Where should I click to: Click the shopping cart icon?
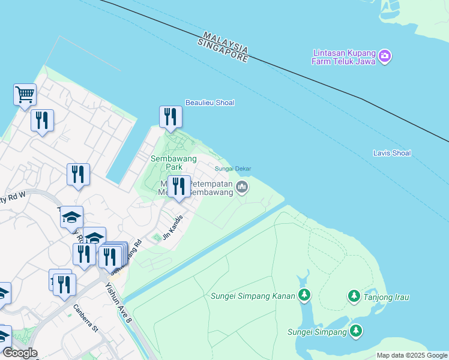[x=25, y=94]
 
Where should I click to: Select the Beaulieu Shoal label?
[x=209, y=103]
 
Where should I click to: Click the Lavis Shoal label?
[x=391, y=153]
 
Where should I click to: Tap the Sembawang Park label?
[x=166, y=162]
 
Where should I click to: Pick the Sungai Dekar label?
[x=233, y=169]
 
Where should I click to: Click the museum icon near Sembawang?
[x=242, y=188]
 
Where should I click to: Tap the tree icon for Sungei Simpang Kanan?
[x=305, y=295]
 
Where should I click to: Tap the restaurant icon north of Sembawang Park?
[x=170, y=116]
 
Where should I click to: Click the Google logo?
[x=19, y=353]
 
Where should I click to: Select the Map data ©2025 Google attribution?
[x=412, y=355]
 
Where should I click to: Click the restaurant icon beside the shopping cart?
[x=42, y=120]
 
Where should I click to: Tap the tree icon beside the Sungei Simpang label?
[x=357, y=330]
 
